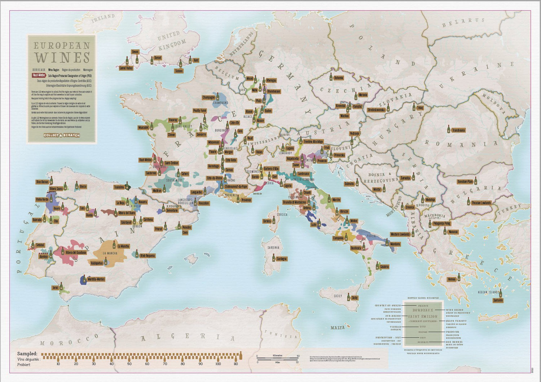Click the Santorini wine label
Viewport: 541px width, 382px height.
pos(498,300)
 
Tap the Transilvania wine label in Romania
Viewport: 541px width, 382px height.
pos(458,130)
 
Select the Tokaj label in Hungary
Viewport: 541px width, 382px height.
pos(420,108)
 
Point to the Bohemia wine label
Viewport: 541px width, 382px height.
pos(338,78)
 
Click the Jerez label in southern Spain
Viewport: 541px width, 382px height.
pos(55,288)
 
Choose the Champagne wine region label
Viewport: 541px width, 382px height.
pos(208,97)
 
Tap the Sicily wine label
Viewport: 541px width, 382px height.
pos(355,298)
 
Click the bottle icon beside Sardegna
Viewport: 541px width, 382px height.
pos(274,258)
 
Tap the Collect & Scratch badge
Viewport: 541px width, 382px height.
pos(62,136)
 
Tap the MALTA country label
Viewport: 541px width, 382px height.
pos(338,328)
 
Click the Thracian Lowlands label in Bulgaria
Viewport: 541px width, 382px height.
pos(481,203)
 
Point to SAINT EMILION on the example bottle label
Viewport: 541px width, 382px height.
pos(422,316)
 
